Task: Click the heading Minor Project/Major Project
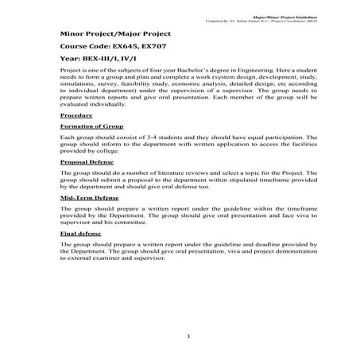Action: [x=115, y=35]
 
